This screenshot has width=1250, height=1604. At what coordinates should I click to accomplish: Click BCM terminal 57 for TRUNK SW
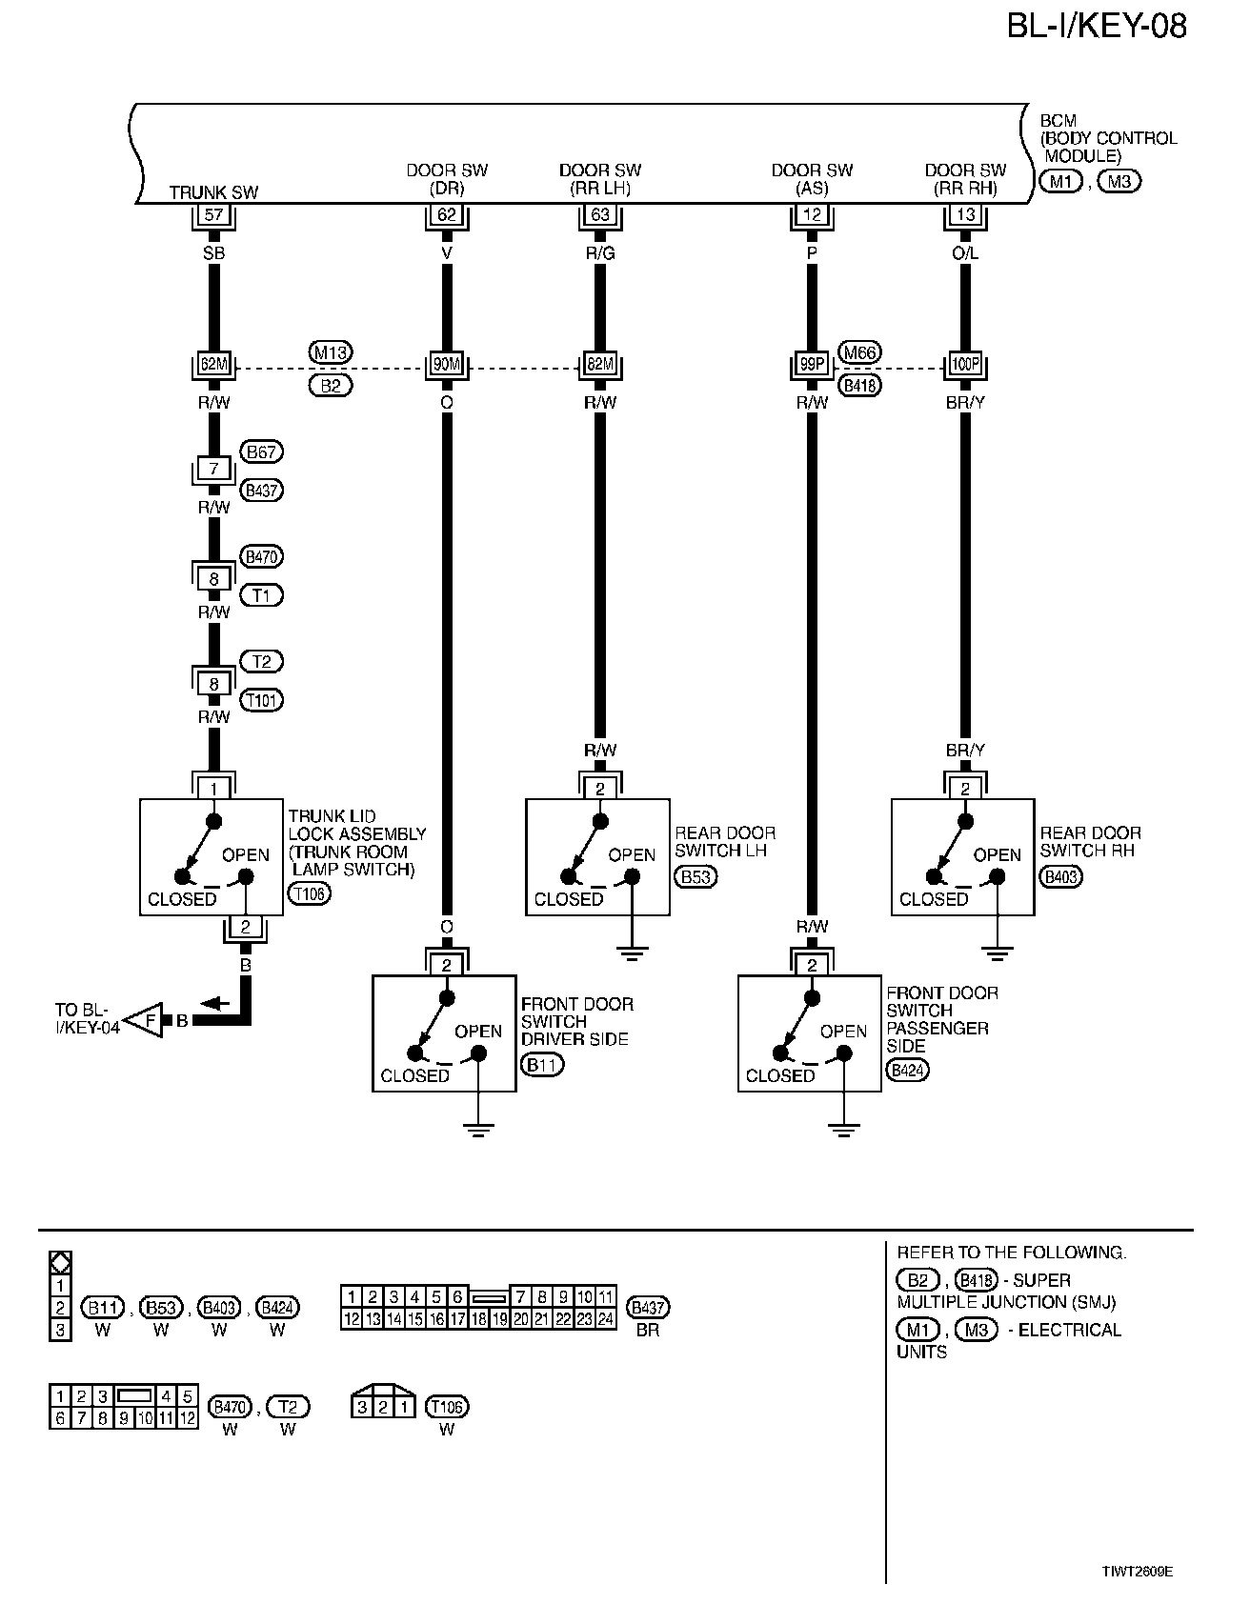213,216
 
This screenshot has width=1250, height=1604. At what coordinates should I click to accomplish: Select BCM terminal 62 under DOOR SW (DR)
447,216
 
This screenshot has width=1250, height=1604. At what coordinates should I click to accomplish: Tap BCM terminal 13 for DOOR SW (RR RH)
965,216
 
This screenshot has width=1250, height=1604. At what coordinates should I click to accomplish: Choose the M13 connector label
331,352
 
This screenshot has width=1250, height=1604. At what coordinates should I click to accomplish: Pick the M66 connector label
860,352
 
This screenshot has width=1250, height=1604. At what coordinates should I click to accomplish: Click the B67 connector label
262,452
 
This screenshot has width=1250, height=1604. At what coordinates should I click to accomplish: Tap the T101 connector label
262,701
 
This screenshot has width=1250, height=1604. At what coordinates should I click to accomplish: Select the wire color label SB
213,254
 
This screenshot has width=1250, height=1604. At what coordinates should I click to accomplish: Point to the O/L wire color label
965,254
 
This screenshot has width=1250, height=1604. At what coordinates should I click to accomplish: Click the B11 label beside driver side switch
542,1065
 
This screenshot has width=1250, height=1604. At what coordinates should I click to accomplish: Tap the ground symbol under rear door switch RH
997,952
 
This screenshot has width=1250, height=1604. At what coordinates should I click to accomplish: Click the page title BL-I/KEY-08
1097,26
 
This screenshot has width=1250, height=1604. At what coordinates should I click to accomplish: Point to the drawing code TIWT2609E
1138,1572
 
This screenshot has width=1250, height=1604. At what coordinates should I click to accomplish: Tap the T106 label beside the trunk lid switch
308,894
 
